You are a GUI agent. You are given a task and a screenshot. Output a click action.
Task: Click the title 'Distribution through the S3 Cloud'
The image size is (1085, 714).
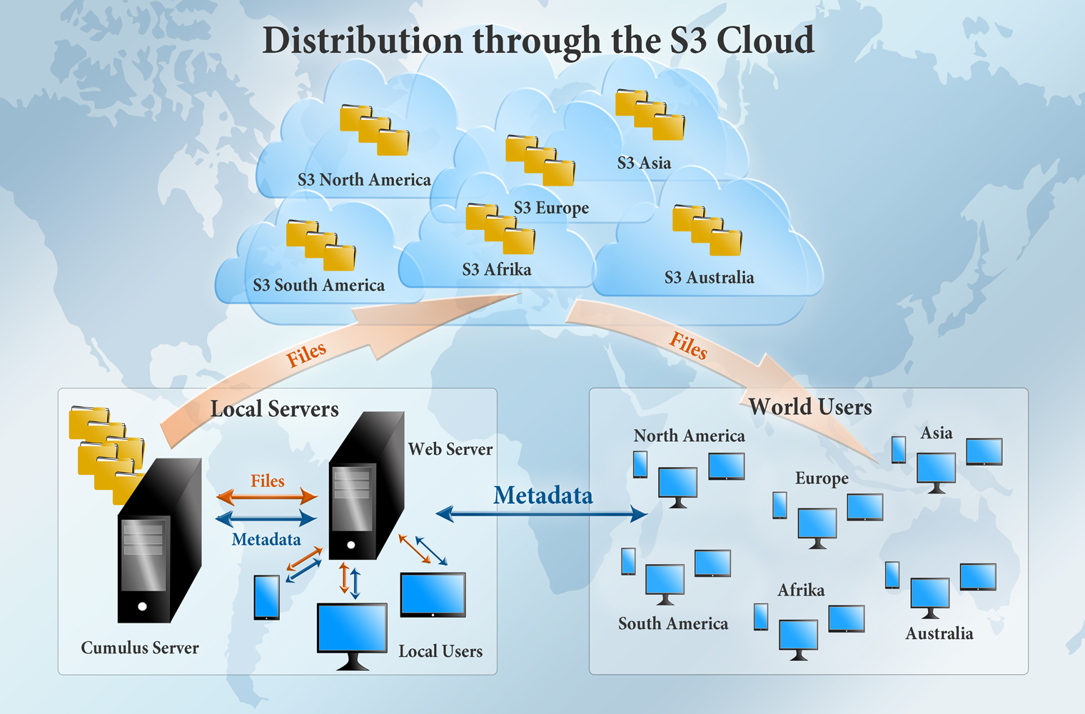click(x=538, y=41)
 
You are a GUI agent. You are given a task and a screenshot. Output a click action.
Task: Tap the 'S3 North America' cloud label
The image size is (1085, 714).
click(x=364, y=180)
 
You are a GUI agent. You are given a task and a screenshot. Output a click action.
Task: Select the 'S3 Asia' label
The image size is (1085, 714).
click(x=644, y=164)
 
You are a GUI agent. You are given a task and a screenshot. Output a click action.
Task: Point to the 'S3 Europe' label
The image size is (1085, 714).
click(x=551, y=208)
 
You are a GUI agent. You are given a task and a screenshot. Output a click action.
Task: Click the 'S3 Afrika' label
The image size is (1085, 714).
click(x=496, y=270)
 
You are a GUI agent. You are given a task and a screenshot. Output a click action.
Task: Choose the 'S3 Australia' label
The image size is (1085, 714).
click(x=709, y=278)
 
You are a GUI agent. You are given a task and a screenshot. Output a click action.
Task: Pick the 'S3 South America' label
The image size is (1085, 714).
click(x=318, y=286)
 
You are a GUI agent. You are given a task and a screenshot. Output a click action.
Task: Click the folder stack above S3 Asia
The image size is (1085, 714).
click(x=650, y=114)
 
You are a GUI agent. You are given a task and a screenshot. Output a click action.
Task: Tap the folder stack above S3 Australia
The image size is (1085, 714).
click(x=707, y=230)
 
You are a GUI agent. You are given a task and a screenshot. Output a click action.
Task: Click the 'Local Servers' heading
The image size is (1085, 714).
click(x=274, y=409)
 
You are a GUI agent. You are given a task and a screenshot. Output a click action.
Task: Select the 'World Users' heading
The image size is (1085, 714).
click(x=810, y=407)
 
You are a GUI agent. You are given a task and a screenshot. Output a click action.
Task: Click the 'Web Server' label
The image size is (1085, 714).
click(x=450, y=449)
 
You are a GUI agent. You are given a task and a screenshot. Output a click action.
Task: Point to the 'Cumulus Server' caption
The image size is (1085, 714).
click(x=140, y=648)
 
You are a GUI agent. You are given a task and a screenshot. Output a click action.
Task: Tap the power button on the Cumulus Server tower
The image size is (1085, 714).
click(x=143, y=606)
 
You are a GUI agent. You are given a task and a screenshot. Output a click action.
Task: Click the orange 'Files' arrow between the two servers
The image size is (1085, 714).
click(x=267, y=496)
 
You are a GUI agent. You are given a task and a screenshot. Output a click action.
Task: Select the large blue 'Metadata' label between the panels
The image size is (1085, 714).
click(x=542, y=496)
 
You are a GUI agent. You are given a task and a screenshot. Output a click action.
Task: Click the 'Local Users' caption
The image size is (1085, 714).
click(x=440, y=651)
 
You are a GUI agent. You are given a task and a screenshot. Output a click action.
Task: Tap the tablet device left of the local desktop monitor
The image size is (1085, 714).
click(x=267, y=597)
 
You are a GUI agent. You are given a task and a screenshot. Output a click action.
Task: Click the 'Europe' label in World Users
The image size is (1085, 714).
click(x=822, y=478)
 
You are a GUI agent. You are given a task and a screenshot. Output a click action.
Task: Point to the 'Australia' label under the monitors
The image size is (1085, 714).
click(x=939, y=634)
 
